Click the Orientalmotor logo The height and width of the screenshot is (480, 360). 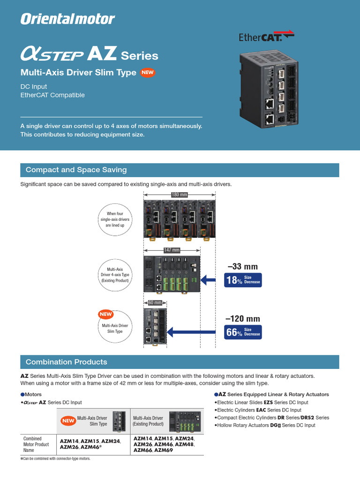(x=67, y=19)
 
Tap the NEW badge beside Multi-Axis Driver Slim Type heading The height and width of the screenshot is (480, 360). (x=148, y=73)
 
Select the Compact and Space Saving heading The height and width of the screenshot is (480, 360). (x=76, y=170)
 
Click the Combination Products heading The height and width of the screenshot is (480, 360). (x=67, y=362)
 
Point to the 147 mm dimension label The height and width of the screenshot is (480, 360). (x=172, y=250)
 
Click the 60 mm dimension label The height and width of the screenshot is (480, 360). (x=154, y=303)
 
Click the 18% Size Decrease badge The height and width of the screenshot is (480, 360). (x=243, y=280)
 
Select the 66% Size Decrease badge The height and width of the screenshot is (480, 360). (x=243, y=332)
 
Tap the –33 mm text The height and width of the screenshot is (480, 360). (x=243, y=267)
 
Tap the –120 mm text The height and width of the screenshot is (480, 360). (x=243, y=319)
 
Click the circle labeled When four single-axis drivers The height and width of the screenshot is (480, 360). (x=114, y=219)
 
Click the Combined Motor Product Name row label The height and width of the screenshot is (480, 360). (x=36, y=444)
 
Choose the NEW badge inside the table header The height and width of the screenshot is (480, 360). (x=68, y=421)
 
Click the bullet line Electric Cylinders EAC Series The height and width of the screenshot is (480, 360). (x=258, y=410)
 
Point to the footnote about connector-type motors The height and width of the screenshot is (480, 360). (x=55, y=459)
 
